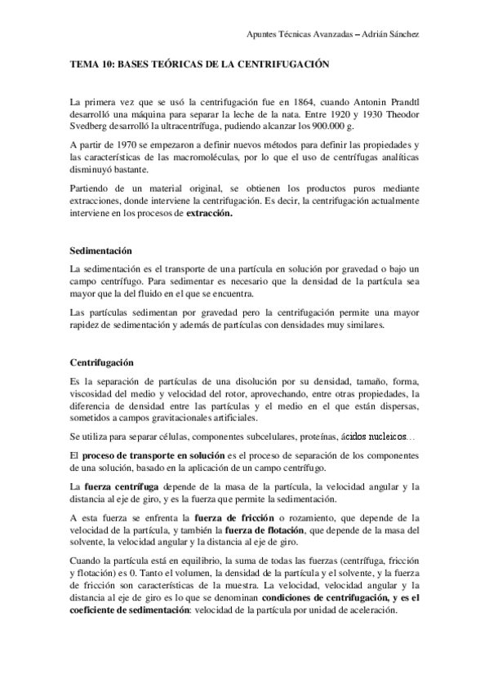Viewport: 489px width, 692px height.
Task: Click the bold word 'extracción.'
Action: [209, 213]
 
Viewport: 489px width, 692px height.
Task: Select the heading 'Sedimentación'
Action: [102, 249]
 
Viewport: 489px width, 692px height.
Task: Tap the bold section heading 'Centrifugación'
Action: [103, 362]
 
